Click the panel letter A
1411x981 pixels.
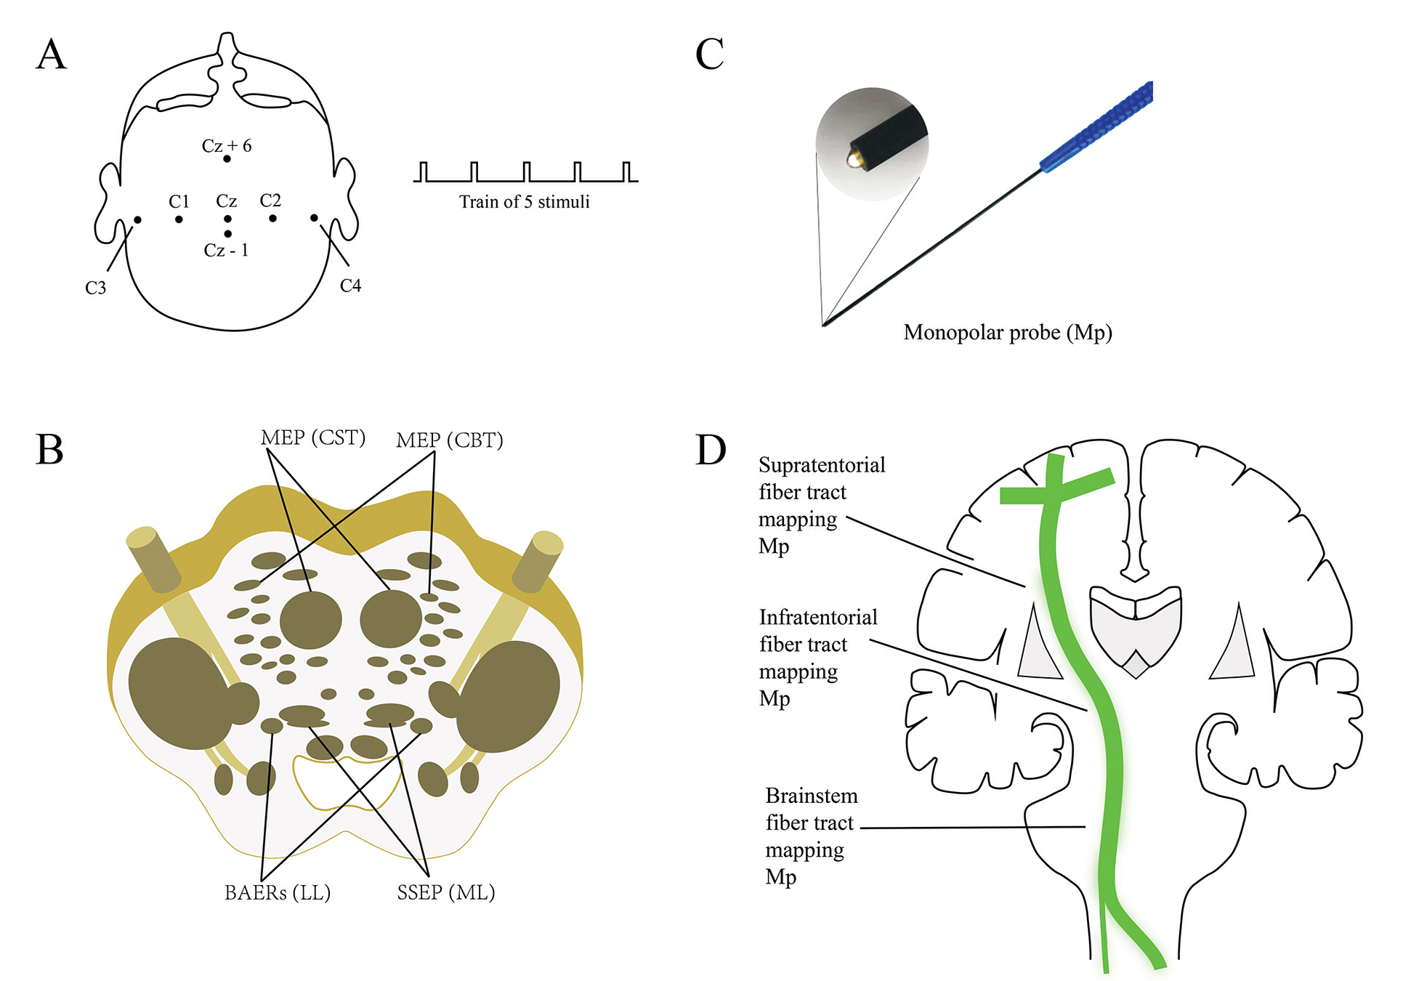point(51,54)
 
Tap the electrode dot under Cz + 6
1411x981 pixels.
point(227,158)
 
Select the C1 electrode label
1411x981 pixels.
point(179,201)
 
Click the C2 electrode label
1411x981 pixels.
point(270,201)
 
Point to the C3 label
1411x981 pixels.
point(95,288)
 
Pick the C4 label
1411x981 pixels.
point(350,286)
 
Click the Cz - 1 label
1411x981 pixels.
point(226,251)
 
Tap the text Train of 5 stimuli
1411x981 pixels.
point(524,202)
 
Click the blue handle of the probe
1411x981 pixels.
point(1097,126)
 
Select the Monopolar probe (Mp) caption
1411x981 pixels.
point(1008,333)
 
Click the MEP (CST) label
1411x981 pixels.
point(312,437)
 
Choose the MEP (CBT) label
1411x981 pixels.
point(449,440)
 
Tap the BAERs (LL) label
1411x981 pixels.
point(278,892)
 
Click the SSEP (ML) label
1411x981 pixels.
point(445,892)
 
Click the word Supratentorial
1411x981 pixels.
point(822,465)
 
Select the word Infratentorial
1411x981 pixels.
point(818,618)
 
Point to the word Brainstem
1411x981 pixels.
point(812,796)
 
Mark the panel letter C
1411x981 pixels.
point(710,54)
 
